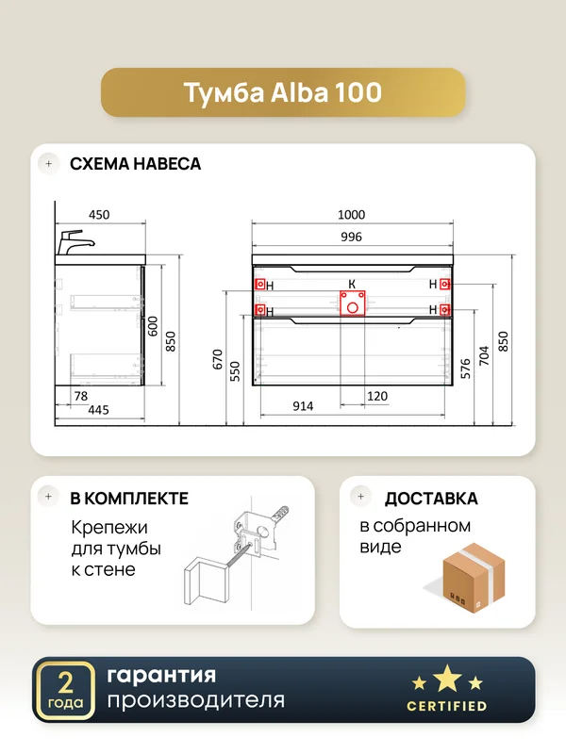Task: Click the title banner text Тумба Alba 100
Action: (282, 92)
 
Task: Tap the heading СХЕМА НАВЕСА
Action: (135, 164)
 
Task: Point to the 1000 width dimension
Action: (351, 215)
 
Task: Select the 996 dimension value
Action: (351, 237)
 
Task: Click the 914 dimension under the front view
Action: (303, 406)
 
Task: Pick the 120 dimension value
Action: (376, 396)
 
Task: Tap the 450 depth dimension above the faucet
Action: (99, 215)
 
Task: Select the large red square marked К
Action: (352, 303)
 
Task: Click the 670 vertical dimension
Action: (218, 359)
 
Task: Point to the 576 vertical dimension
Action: (465, 369)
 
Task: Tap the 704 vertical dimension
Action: (484, 355)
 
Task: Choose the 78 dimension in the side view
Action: (81, 396)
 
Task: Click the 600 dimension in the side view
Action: (152, 326)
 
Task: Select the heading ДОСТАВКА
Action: (431, 499)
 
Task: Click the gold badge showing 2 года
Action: (65, 690)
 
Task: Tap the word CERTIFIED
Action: (446, 706)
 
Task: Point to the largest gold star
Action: (447, 678)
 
